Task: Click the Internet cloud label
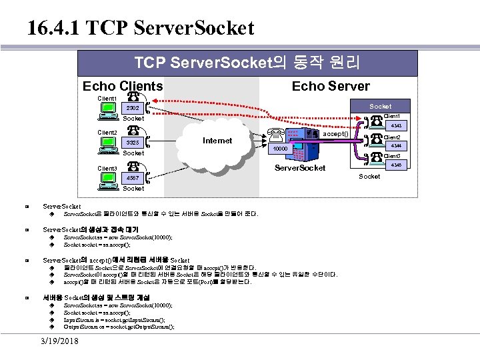(217, 141)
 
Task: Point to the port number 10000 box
(279, 149)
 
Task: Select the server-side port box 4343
(396, 125)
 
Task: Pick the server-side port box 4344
(396, 145)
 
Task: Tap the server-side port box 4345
(396, 165)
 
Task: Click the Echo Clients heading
(122, 86)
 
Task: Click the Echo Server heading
(331, 86)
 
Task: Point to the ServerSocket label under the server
(300, 167)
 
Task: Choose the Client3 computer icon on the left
(106, 179)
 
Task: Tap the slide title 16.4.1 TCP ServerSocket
(141, 28)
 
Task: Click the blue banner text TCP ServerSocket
(247, 63)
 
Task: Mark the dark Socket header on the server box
(380, 106)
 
